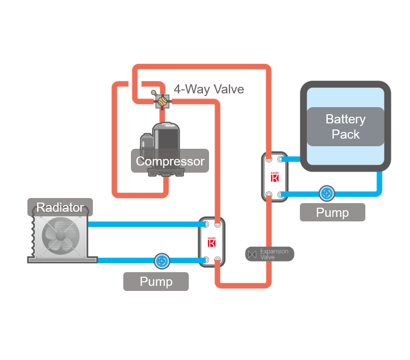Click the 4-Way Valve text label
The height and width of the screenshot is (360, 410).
click(x=209, y=89)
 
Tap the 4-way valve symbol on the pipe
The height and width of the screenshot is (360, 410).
click(x=162, y=101)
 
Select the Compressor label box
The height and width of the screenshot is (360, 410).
click(x=170, y=161)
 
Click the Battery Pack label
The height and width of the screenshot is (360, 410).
click(x=345, y=126)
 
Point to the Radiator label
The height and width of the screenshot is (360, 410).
click(x=60, y=207)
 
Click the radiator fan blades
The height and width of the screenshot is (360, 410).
click(x=57, y=236)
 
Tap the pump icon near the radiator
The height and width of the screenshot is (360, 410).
click(x=161, y=260)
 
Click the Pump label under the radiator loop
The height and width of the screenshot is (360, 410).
click(x=156, y=281)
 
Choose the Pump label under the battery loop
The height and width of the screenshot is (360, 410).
click(x=332, y=212)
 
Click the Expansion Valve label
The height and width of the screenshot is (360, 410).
click(x=274, y=254)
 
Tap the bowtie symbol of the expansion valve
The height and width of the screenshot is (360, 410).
click(x=252, y=254)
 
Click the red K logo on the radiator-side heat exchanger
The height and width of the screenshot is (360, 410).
click(x=212, y=242)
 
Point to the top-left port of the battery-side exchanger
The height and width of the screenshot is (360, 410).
click(x=269, y=159)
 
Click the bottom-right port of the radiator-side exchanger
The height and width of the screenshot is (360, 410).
click(x=218, y=260)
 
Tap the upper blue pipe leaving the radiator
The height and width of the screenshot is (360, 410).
click(x=142, y=224)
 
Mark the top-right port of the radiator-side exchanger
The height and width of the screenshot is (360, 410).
click(x=218, y=224)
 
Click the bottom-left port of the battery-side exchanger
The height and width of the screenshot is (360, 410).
click(x=269, y=194)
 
